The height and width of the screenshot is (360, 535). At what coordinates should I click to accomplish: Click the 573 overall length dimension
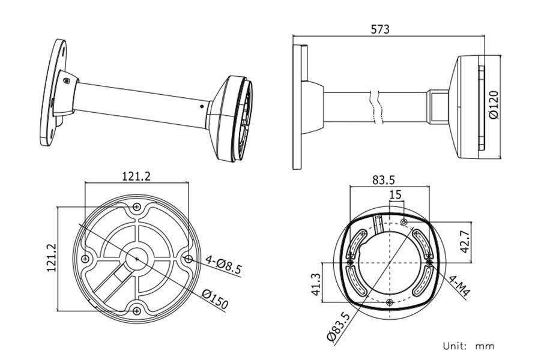(380, 29)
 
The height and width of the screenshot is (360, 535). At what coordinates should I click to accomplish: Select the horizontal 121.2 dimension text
(136, 176)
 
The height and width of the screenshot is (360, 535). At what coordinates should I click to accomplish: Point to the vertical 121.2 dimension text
(51, 258)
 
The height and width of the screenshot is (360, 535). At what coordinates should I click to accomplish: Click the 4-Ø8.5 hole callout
(222, 264)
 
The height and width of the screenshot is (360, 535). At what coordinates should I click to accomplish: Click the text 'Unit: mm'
(468, 346)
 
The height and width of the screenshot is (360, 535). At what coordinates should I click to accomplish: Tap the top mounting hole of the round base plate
(138, 208)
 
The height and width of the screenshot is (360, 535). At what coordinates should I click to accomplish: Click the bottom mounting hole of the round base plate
(138, 310)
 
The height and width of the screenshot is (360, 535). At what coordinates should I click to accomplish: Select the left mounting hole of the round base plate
(86, 259)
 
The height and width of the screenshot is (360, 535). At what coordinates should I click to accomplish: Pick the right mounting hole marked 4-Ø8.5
(189, 259)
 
